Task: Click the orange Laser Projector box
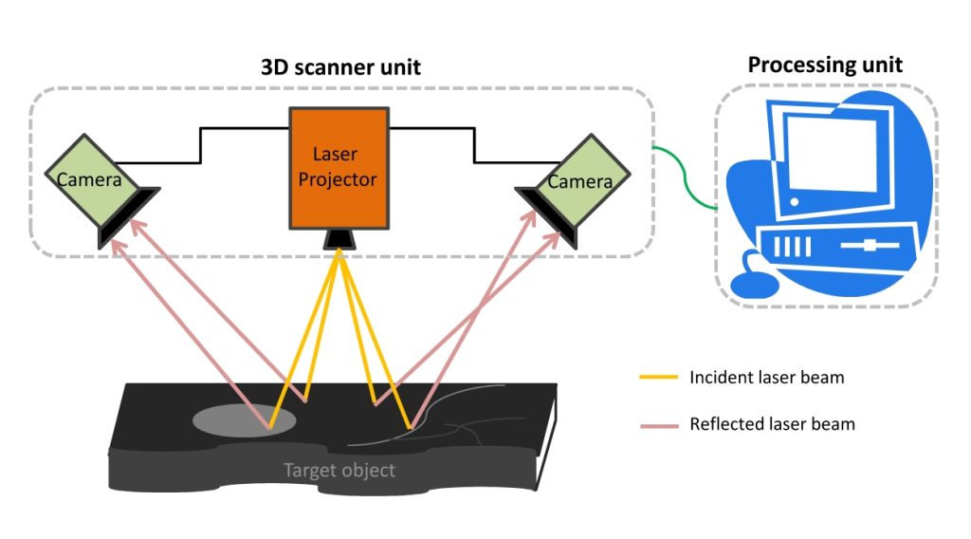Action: tap(339, 167)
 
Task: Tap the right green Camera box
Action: tap(581, 177)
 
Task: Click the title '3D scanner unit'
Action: tap(340, 67)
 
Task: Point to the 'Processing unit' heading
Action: tap(825, 65)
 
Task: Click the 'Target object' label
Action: tap(339, 470)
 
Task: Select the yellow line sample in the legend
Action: tap(658, 378)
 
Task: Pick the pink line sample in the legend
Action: tap(658, 424)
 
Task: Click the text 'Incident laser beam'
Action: tap(766, 378)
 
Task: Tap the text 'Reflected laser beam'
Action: tap(772, 424)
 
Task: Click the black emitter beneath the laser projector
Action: tap(339, 239)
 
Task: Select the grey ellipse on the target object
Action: tap(245, 418)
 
